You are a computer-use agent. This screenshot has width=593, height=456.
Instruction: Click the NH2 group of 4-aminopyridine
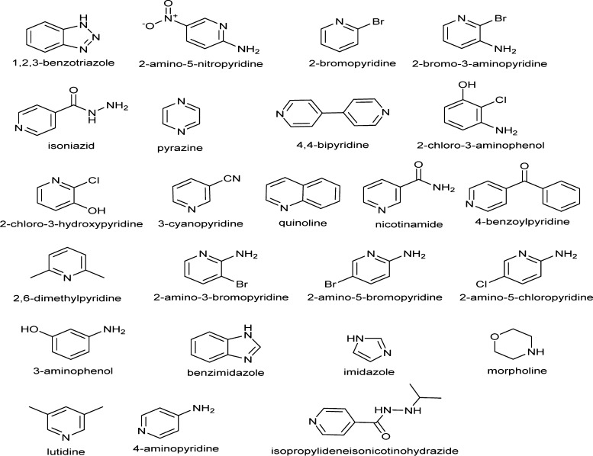pyautogui.click(x=204, y=410)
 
